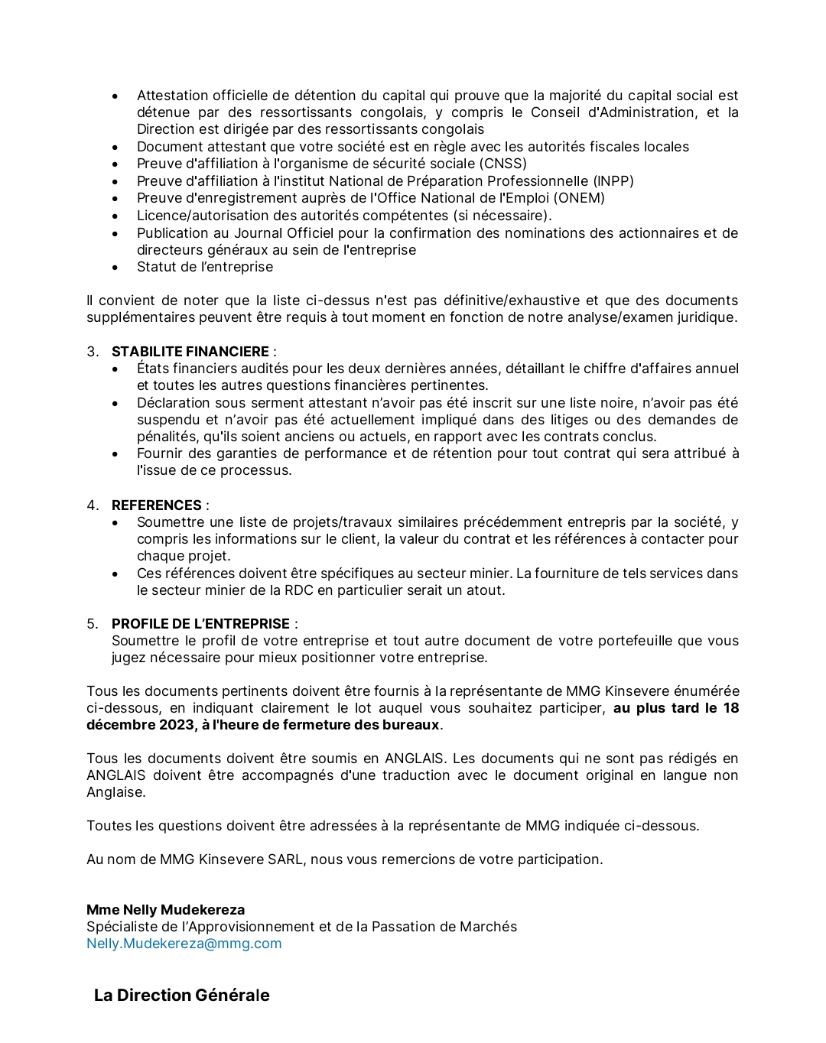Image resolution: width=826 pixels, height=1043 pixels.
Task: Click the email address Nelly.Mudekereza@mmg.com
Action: click(x=184, y=944)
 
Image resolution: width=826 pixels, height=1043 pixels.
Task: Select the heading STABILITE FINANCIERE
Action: click(x=190, y=352)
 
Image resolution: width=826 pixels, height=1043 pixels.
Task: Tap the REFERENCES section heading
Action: click(x=156, y=505)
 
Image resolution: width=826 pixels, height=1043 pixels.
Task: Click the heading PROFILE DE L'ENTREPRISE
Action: click(x=200, y=624)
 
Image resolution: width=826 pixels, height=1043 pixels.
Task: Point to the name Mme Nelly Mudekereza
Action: click(x=165, y=910)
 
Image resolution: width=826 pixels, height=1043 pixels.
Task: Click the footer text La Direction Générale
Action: click(x=181, y=996)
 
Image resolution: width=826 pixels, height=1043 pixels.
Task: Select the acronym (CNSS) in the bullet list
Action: click(x=503, y=164)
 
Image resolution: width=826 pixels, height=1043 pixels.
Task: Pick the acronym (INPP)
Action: click(x=613, y=181)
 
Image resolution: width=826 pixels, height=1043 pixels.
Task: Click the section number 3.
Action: click(x=92, y=352)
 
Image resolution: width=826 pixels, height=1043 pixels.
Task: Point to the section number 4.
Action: click(x=92, y=505)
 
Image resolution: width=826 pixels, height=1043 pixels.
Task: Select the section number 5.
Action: click(x=92, y=624)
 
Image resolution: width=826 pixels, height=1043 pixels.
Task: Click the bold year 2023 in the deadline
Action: click(x=177, y=725)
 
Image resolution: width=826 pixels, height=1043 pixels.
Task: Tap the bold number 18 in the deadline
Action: click(x=730, y=708)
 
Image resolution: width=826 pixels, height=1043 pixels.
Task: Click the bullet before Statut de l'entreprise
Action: click(x=115, y=268)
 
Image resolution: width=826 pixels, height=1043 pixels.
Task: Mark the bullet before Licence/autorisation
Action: click(x=115, y=216)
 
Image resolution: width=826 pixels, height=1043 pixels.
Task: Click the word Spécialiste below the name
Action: click(x=122, y=927)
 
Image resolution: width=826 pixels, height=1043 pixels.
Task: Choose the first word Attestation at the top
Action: click(x=172, y=96)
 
